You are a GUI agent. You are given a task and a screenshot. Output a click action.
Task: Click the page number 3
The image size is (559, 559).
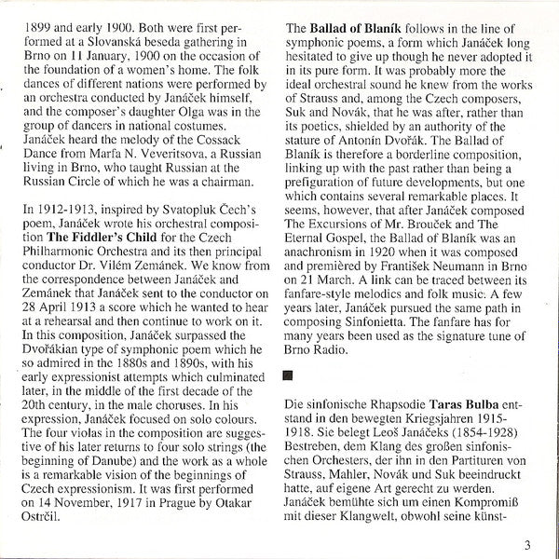coord(526,546)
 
